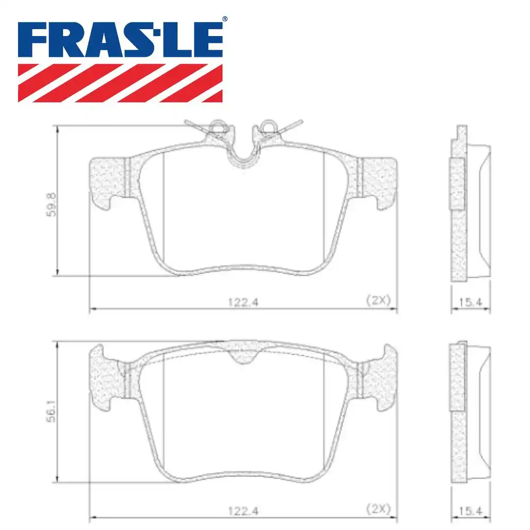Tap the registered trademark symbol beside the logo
225,20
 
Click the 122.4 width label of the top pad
243,302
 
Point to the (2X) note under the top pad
378,300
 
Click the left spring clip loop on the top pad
218,126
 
